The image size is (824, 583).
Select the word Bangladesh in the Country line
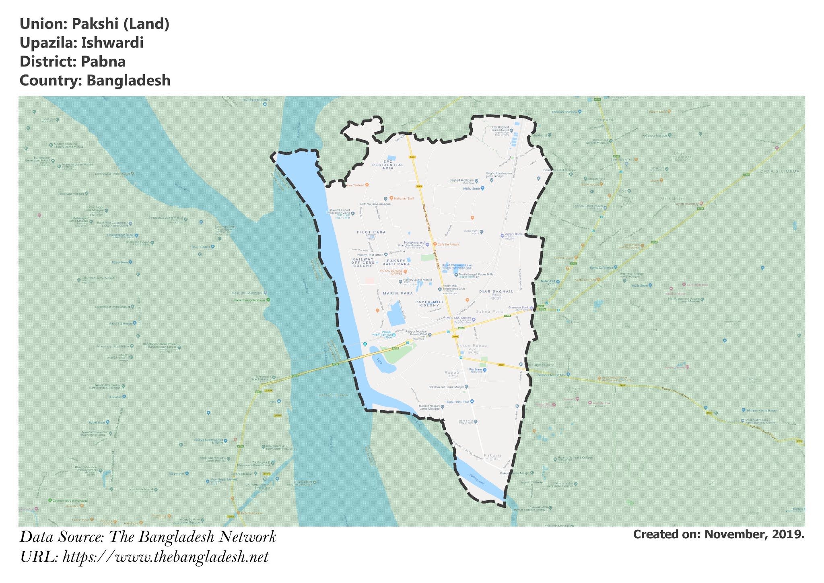tap(128, 81)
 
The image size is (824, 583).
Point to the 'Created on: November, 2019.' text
tap(719, 534)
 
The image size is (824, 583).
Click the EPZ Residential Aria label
tap(388, 165)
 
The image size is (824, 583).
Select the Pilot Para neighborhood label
tap(371, 232)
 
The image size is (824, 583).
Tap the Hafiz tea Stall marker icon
tap(391, 198)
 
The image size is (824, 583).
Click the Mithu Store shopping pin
tap(483, 188)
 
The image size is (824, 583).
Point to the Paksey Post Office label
tap(370, 255)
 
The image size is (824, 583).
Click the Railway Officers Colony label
tap(363, 263)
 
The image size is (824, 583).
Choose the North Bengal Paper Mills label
tap(476, 275)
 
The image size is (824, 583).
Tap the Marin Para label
tap(398, 294)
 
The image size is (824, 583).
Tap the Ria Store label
tap(475, 370)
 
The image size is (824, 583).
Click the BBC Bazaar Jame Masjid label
tap(446, 387)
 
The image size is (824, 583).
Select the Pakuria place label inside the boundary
tap(493, 456)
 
